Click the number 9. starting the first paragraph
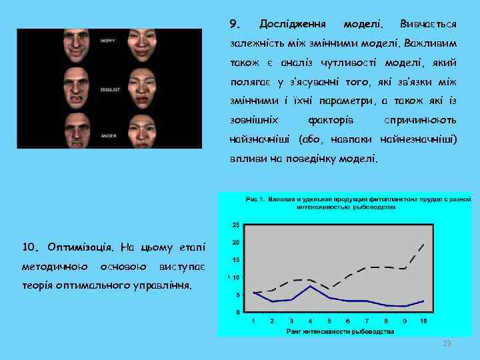tap(234, 25)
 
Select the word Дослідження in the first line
tap(293, 25)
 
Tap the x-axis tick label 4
tap(310, 321)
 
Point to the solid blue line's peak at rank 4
tap(310, 286)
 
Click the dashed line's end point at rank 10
tap(423, 245)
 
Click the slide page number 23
tap(447, 343)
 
